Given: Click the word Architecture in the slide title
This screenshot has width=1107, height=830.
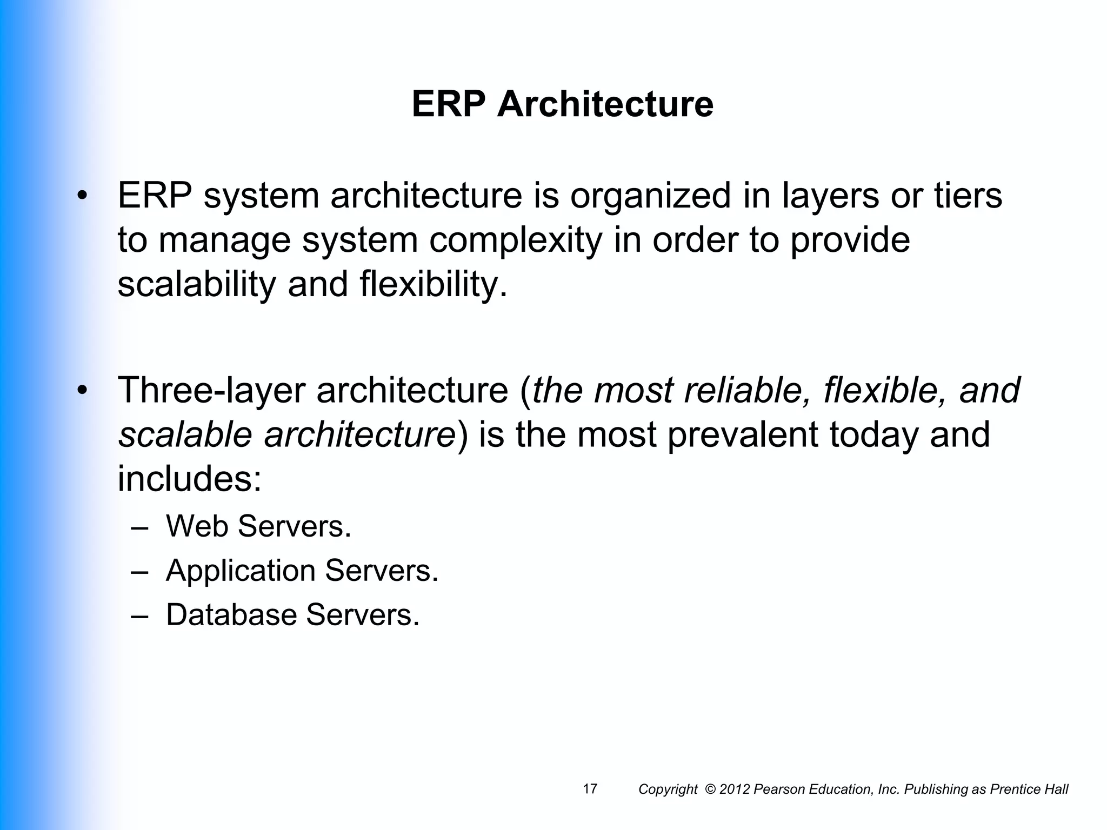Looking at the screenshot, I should coord(605,104).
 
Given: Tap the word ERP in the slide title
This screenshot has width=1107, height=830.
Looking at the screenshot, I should coord(448,104).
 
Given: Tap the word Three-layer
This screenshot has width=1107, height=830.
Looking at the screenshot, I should coord(211,390).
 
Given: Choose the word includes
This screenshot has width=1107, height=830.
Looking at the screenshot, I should coord(190,479).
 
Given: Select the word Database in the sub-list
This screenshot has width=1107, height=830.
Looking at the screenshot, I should coord(231,615).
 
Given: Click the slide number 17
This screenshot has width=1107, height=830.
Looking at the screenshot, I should coord(590,789).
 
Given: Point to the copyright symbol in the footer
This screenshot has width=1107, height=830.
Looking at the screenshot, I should coord(710,789).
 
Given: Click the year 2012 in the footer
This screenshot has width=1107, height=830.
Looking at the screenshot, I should coord(735,789).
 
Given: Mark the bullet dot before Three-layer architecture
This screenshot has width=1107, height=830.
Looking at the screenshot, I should coord(82,390).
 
